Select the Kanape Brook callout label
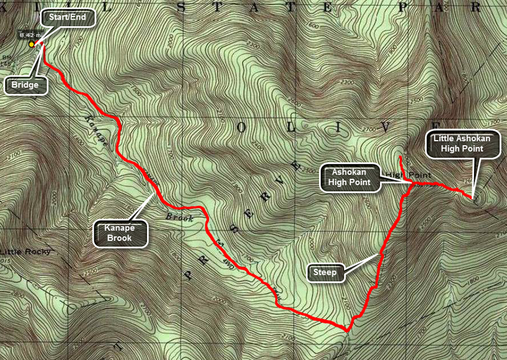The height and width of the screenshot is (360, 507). [121, 233]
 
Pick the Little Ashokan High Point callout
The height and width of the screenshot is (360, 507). [458, 143]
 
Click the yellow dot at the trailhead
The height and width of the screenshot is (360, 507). [31, 44]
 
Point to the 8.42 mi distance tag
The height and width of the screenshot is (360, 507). [30, 35]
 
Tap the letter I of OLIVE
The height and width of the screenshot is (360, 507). [337, 127]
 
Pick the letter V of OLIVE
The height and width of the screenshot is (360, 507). [386, 127]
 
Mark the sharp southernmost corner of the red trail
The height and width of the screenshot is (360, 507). [347, 330]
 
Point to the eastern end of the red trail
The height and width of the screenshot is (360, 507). [472, 198]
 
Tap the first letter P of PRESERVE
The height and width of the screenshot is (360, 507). [188, 274]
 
